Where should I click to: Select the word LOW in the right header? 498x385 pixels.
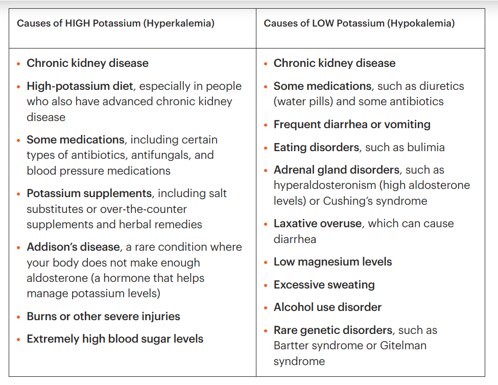[x=323, y=23]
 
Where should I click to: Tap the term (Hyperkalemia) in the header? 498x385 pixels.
[x=179, y=23]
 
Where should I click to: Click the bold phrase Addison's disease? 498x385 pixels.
[x=74, y=247]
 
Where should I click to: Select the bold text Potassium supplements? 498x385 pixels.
[x=89, y=194]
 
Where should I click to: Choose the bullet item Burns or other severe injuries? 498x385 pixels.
[x=103, y=317]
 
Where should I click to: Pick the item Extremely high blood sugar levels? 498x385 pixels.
[x=115, y=339]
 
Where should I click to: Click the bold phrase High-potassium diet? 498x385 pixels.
[x=80, y=86]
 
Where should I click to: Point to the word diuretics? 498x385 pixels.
[x=441, y=86]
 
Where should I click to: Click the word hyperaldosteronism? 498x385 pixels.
[x=325, y=185]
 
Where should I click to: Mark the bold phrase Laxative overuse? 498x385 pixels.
[x=318, y=224]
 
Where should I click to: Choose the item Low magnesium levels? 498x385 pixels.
[x=333, y=262]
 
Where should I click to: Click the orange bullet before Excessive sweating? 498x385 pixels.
[x=266, y=285]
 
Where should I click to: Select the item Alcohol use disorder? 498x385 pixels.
[x=327, y=307]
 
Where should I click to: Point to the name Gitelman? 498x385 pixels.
[x=403, y=345]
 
